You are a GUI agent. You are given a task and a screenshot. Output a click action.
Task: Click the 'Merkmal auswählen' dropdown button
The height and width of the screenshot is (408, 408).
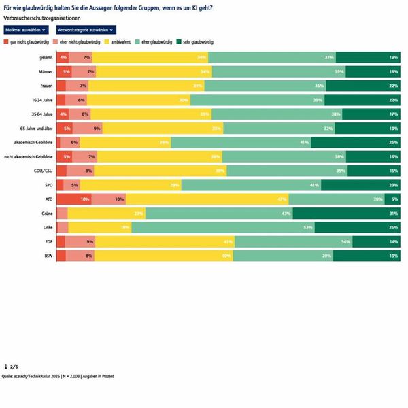[26, 31]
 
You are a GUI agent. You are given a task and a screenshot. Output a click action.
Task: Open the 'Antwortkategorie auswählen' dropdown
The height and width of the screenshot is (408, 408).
[84, 31]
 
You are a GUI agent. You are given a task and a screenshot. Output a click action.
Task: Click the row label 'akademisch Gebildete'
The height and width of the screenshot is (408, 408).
[33, 142]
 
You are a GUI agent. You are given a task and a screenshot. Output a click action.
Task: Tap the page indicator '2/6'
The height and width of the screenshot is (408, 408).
[14, 367]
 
